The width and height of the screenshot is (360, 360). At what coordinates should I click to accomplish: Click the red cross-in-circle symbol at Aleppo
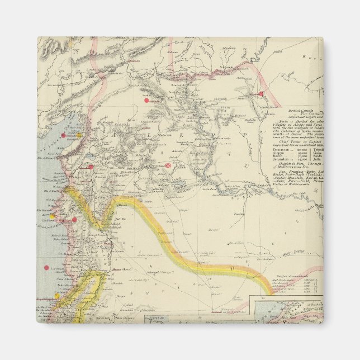pos(168,165)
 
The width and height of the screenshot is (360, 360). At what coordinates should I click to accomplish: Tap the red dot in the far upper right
pos(260,94)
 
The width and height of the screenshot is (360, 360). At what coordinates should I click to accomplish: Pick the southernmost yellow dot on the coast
pos(56,295)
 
